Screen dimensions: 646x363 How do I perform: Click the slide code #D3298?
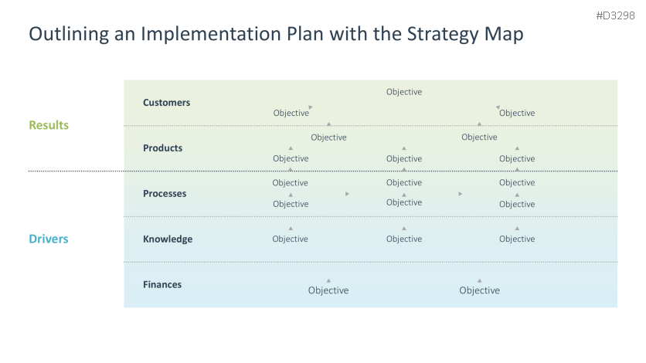(x=615, y=15)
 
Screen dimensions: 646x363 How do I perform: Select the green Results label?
(x=49, y=125)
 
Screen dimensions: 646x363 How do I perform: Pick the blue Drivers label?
(x=49, y=239)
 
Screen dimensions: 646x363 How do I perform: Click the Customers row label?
(x=166, y=103)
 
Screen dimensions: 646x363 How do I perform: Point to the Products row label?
(x=163, y=148)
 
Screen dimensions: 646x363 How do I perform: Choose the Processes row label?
(x=165, y=193)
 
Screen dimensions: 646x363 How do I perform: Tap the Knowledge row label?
(x=168, y=239)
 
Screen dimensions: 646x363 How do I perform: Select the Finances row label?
(x=162, y=284)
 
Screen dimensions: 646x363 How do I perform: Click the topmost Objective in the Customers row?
(x=404, y=92)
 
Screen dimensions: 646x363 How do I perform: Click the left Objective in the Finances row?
(x=328, y=290)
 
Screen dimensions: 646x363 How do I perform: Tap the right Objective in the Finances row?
(x=480, y=290)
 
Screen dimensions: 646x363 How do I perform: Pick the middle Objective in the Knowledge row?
(x=404, y=239)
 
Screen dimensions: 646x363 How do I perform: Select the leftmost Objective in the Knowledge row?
(x=290, y=239)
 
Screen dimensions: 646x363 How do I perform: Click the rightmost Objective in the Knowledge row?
(x=517, y=239)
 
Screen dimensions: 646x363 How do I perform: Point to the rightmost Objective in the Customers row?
(x=517, y=113)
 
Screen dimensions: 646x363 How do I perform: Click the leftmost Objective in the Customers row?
(x=291, y=113)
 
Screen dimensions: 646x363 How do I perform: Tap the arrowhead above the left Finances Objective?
(x=328, y=280)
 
